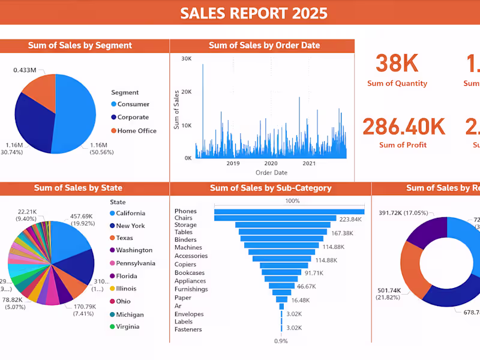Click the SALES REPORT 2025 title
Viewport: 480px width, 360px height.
[x=254, y=13]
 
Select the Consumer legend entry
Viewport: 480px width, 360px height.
[x=133, y=104]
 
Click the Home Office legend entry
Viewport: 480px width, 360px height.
[x=137, y=131]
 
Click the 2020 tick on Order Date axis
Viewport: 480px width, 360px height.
[x=271, y=163]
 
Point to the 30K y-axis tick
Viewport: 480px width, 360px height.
[x=186, y=59]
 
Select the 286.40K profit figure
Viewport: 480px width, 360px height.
[x=403, y=127]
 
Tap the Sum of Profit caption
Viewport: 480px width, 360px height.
[x=403, y=145]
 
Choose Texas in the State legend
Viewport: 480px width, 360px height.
[x=125, y=238]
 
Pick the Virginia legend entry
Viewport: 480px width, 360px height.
[x=127, y=327]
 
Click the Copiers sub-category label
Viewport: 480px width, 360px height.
[x=185, y=265]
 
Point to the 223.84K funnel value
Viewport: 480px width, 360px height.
[x=350, y=220]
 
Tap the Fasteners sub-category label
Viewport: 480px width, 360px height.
[x=188, y=329]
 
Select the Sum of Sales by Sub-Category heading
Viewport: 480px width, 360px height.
[x=271, y=188]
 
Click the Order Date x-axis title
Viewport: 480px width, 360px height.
[x=271, y=173]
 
